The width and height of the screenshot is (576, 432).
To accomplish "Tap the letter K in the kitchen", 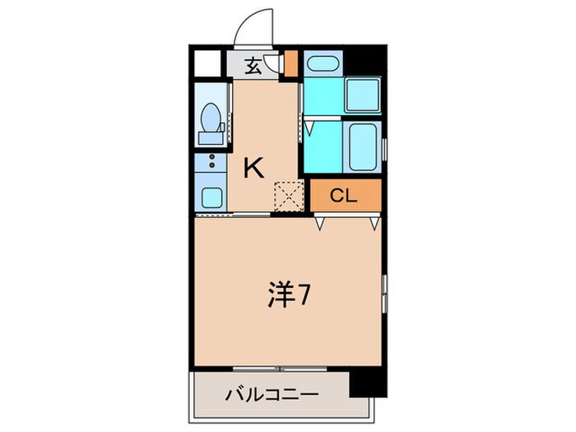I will coord(253,169).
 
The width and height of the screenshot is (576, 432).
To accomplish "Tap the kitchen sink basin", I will coord(212,197).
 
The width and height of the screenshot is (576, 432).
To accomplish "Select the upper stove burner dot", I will coord(212,156).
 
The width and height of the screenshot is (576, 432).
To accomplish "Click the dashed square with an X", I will coord(289,197).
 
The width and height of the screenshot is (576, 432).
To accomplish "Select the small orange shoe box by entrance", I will coord(290,63).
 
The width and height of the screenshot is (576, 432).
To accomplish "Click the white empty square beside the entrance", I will coord(209,63).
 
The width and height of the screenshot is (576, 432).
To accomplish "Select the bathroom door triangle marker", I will coord(309,127).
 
